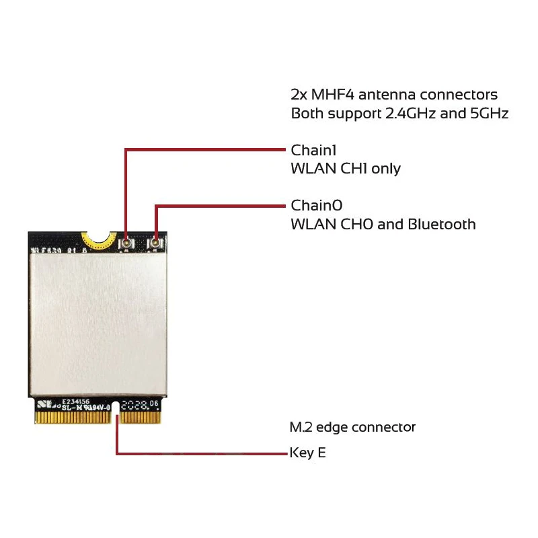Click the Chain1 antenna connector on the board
[126, 242]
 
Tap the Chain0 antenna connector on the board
[155, 242]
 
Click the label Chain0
[316, 205]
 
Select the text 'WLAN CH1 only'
[346, 168]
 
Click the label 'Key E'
[308, 453]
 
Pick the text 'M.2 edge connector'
[352, 427]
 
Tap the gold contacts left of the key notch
[73, 417]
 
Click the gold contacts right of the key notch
[141, 417]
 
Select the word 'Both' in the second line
[306, 113]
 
